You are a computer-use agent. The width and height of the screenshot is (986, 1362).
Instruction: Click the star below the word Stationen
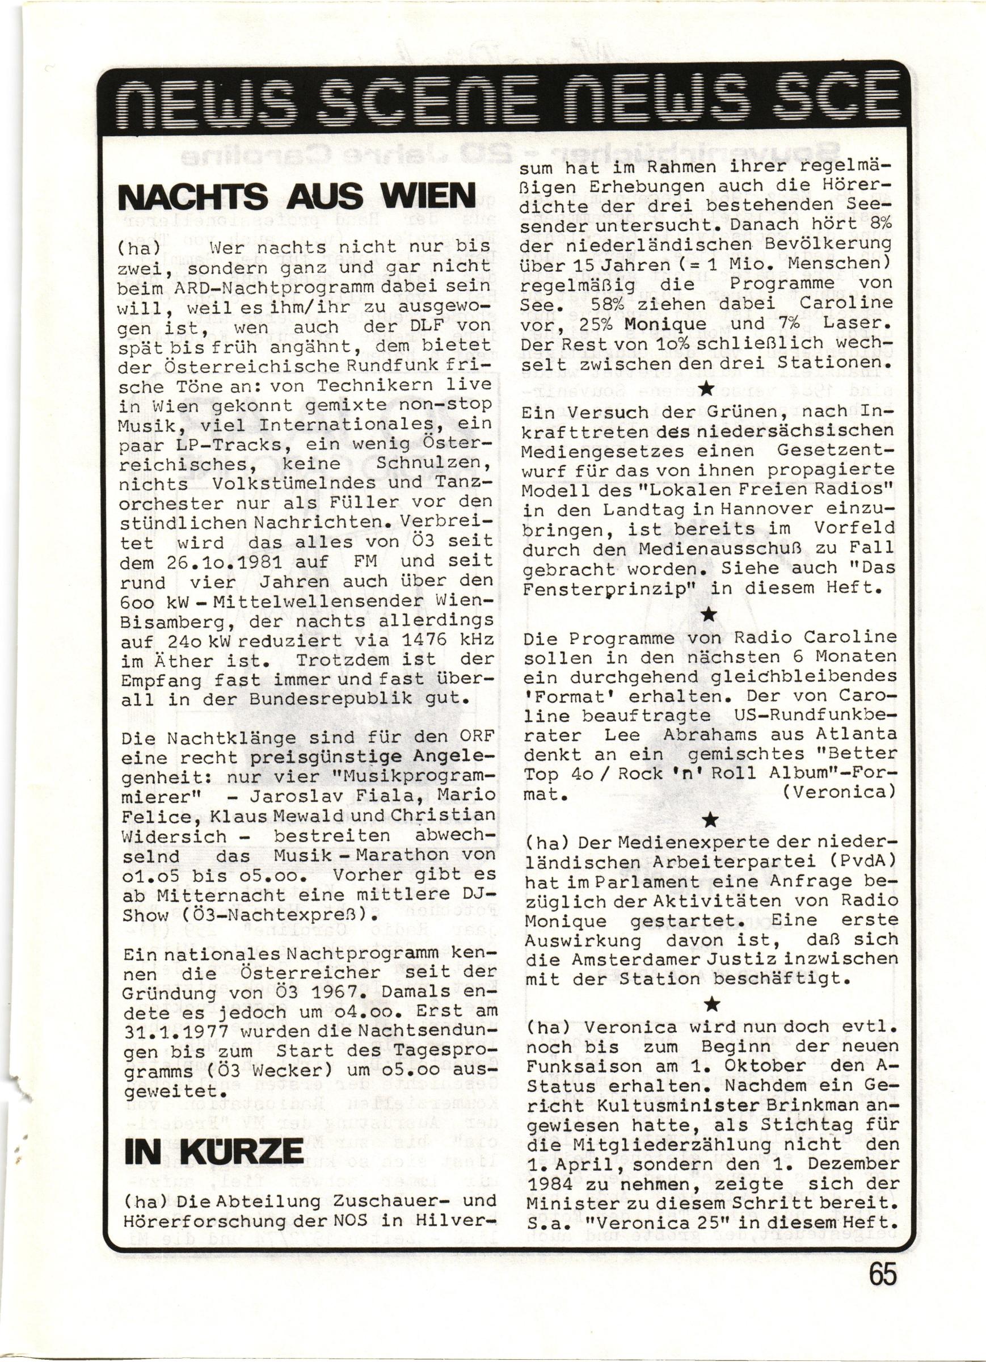click(x=707, y=390)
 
